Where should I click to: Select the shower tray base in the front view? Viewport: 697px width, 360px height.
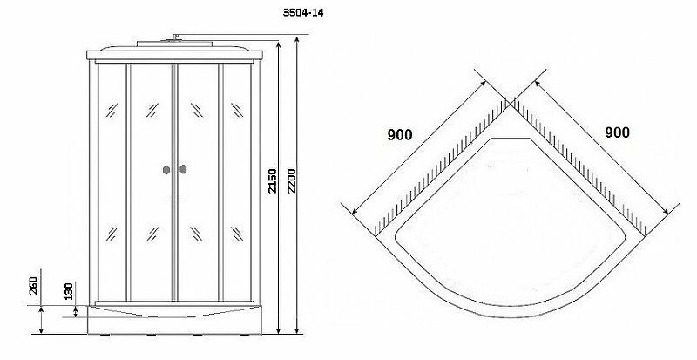coord(174,316)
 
